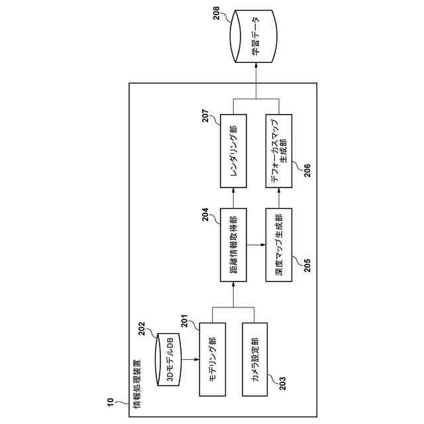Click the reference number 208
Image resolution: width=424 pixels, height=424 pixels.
217,13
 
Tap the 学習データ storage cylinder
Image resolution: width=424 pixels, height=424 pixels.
254,36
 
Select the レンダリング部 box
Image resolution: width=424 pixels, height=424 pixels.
233,151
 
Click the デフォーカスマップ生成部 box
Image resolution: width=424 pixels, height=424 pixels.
279,151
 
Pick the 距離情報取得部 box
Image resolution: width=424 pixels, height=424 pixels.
233,244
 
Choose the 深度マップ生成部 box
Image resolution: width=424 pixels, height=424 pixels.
279,244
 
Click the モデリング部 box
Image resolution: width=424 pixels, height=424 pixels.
213,359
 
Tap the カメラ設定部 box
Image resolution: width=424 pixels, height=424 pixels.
254,359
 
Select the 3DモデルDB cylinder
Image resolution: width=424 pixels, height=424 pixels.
168,359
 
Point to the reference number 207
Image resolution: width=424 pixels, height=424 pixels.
205,116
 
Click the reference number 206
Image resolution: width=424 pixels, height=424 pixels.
307,170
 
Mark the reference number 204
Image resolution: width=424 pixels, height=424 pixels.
205,214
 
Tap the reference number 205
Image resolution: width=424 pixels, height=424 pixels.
307,266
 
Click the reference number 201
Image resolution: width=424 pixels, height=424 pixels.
184,321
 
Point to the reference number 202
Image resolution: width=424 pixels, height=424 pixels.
142,329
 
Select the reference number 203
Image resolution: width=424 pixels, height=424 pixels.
282,384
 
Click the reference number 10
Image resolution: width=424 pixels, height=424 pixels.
110,402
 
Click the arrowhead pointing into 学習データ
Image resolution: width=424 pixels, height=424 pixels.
256,65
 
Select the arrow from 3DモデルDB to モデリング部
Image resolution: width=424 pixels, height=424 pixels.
190,359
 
